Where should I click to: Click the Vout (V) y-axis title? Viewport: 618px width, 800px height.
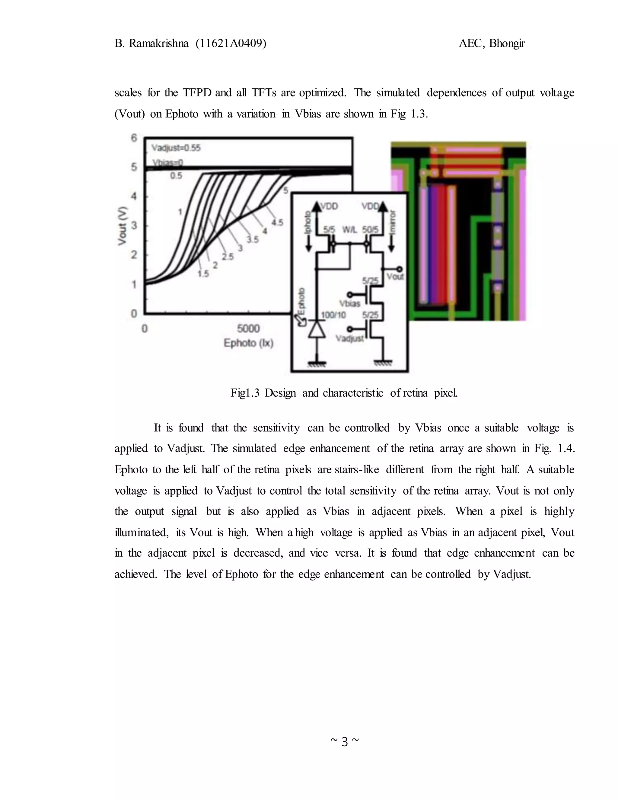[122, 226]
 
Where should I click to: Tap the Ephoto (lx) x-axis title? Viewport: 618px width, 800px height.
[249, 343]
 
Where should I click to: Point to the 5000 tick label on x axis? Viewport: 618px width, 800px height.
[249, 328]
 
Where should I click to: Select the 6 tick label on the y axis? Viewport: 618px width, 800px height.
[134, 138]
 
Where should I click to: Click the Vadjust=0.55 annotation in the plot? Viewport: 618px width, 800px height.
[176, 148]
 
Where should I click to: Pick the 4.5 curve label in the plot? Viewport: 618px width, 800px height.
[277, 222]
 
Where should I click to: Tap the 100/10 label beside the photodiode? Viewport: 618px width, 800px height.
[333, 315]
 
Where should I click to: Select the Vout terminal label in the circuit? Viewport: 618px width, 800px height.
[395, 277]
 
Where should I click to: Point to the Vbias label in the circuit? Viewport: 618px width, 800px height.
[350, 303]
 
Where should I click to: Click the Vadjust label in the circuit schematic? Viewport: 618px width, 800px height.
[350, 338]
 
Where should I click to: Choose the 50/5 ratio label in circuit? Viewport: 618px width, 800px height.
[370, 230]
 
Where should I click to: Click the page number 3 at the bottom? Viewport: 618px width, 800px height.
[345, 742]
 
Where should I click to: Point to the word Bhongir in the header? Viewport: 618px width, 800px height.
[507, 43]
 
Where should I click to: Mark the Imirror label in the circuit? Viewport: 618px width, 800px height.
[393, 219]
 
